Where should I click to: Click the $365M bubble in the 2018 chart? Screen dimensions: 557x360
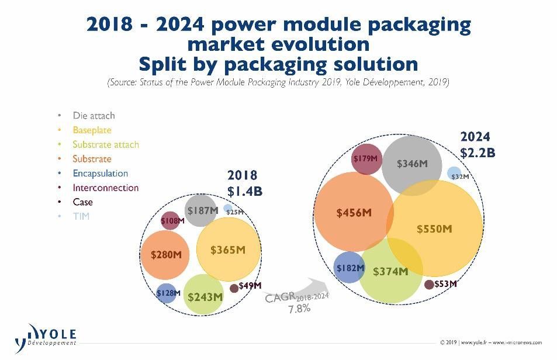click(x=229, y=250)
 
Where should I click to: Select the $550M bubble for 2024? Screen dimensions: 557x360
click(x=434, y=229)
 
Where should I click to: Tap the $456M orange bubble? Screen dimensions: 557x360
click(x=354, y=212)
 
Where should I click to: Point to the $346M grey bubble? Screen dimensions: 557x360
click(x=412, y=165)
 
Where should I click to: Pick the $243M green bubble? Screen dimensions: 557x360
click(x=204, y=295)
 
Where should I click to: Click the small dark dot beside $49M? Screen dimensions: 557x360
click(x=234, y=288)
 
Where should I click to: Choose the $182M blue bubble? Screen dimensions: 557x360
click(x=349, y=267)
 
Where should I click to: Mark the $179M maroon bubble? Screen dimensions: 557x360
click(x=367, y=159)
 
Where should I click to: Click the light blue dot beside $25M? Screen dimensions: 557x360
click(x=228, y=209)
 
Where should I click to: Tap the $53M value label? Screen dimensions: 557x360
click(x=445, y=283)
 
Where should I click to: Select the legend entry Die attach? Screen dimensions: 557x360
click(x=94, y=115)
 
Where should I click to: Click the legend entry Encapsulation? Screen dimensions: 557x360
click(x=100, y=173)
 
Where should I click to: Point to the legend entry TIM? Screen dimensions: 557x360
click(x=81, y=216)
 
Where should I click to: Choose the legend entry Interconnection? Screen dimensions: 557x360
click(x=106, y=188)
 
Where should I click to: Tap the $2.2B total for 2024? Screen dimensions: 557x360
click(x=478, y=153)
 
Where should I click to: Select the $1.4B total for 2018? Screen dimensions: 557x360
click(x=245, y=191)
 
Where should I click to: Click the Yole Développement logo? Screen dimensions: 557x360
click(x=46, y=338)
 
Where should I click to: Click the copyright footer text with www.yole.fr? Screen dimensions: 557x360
click(x=491, y=342)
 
